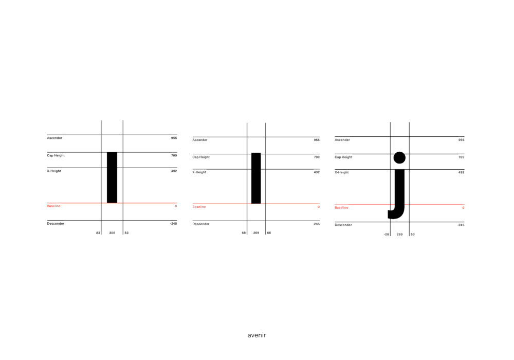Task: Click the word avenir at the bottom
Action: click(x=256, y=335)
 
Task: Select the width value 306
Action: click(x=112, y=233)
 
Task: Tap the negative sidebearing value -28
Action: click(x=386, y=234)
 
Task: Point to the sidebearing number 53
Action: click(x=413, y=234)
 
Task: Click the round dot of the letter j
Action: click(x=399, y=158)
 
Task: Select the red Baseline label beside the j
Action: click(x=341, y=208)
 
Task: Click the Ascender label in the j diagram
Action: click(x=342, y=140)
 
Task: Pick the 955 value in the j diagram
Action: click(x=461, y=140)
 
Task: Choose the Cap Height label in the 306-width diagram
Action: click(x=56, y=155)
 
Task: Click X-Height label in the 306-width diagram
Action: click(x=54, y=171)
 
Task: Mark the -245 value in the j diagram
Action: click(x=461, y=225)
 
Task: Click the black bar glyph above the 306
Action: click(x=112, y=177)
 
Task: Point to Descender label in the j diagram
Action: click(x=343, y=225)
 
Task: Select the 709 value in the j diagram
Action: click(x=461, y=157)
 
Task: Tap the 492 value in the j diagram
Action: click(x=461, y=172)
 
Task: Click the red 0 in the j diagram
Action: click(x=463, y=208)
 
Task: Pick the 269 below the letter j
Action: click(x=399, y=234)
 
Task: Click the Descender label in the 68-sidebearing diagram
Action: click(x=201, y=224)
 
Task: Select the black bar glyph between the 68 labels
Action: click(x=256, y=178)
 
